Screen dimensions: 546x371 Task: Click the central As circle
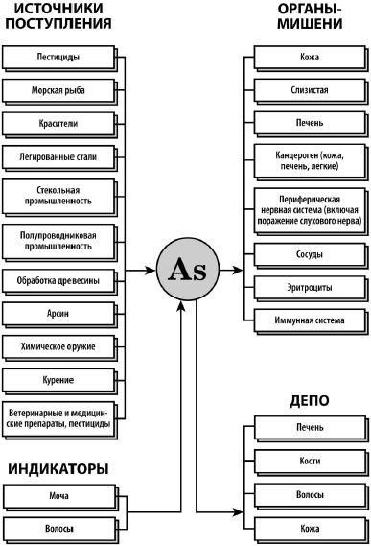tap(186, 270)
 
